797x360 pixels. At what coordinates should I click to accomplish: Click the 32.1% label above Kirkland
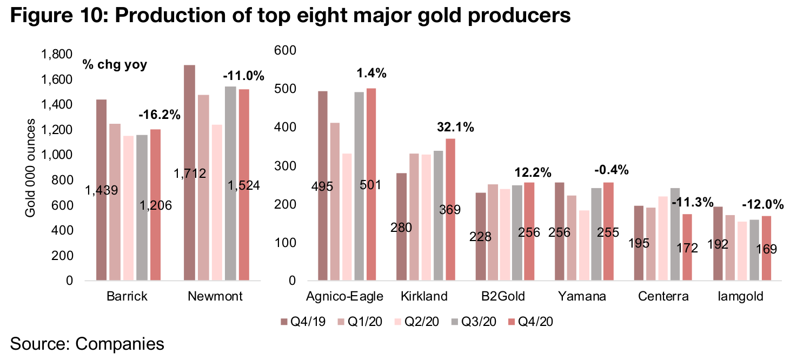[x=455, y=128]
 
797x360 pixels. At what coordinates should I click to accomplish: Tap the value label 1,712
[x=189, y=174]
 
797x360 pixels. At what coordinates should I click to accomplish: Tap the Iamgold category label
[x=741, y=297]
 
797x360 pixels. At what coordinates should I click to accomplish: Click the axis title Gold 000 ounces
[x=31, y=168]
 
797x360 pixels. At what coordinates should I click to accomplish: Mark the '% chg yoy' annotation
[x=115, y=65]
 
